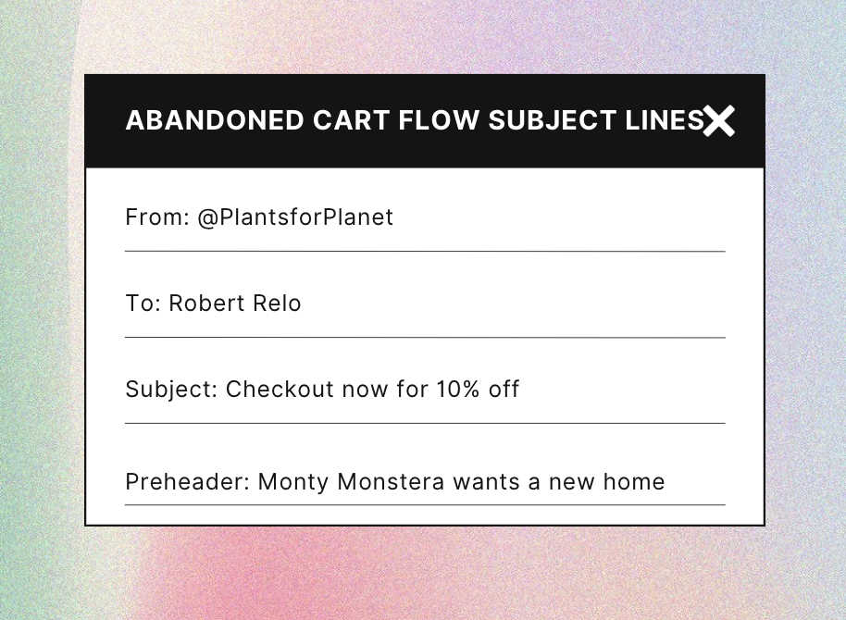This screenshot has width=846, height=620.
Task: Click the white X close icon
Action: (718, 121)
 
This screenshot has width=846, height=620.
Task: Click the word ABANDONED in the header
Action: (215, 120)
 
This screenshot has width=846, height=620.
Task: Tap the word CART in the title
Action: (351, 120)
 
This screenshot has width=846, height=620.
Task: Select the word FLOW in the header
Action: (439, 120)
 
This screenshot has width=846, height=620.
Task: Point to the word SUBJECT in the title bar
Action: (552, 120)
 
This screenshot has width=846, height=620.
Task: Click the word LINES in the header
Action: (665, 120)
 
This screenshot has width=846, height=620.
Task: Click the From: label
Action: (157, 217)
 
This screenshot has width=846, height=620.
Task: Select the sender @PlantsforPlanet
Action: (295, 217)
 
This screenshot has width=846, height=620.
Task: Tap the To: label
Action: (143, 304)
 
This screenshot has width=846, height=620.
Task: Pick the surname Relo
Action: (277, 304)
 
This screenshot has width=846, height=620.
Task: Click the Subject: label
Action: (171, 390)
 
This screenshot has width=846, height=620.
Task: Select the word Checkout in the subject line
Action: (280, 389)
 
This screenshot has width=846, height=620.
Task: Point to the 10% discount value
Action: (458, 389)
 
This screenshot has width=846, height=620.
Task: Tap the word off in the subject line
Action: (504, 389)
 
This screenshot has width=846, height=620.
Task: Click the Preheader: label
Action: (188, 482)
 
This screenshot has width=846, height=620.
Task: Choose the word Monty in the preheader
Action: (293, 482)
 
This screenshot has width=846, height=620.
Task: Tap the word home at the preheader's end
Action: (634, 482)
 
